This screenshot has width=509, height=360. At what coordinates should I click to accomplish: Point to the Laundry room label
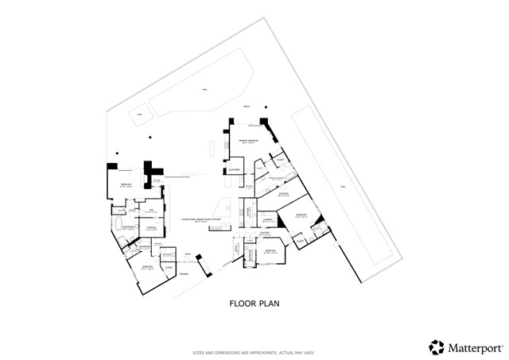click(x=268, y=219)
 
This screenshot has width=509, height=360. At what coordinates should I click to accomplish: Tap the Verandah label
click(x=183, y=274)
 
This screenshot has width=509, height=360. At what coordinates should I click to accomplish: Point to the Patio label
click(x=247, y=106)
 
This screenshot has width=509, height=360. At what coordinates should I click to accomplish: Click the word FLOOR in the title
click(x=242, y=303)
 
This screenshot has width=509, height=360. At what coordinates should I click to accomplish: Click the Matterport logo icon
click(x=437, y=346)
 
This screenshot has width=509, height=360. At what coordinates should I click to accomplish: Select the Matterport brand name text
click(x=472, y=347)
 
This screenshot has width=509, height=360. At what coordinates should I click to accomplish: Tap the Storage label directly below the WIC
click(x=151, y=228)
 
